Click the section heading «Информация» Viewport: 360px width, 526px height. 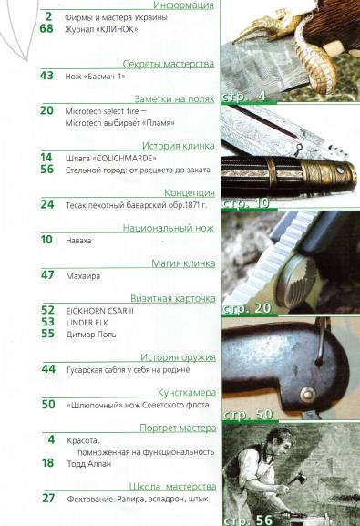[184, 5]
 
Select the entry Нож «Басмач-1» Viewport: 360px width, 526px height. [97, 77]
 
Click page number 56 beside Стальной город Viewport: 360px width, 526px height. [47, 169]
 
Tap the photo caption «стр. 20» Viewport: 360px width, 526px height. [251, 307]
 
